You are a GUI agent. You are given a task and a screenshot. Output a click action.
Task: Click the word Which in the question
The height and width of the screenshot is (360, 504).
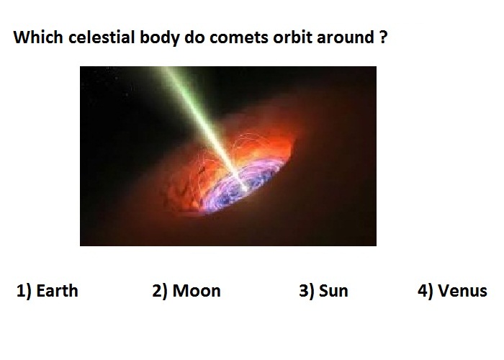(x=38, y=37)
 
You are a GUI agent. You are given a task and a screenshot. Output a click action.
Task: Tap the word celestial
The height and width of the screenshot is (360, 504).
(x=102, y=37)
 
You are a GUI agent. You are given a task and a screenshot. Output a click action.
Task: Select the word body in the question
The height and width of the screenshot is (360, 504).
(x=159, y=38)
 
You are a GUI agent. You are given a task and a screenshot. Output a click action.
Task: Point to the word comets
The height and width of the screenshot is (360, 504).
(x=238, y=37)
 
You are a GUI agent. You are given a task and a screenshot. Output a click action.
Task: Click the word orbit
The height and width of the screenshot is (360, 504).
(x=292, y=37)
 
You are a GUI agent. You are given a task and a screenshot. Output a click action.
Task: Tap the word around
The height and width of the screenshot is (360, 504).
(x=346, y=37)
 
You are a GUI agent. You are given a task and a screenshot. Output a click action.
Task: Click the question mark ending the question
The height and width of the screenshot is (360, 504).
(x=383, y=37)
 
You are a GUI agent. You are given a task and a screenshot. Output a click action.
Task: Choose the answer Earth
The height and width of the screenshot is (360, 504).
(x=57, y=291)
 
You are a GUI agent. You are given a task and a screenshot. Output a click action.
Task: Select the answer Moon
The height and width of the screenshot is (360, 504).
(x=197, y=291)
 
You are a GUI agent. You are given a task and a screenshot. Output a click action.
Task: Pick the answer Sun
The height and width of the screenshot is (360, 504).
(x=333, y=291)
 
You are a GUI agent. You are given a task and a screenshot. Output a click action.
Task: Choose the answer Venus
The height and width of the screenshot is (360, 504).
(x=462, y=291)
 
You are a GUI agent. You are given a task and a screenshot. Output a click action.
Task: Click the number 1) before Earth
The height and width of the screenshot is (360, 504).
(x=24, y=291)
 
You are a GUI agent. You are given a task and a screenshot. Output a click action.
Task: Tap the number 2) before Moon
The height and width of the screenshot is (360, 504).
(x=160, y=291)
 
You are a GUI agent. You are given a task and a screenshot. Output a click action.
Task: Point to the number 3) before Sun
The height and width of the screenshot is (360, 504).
(x=307, y=291)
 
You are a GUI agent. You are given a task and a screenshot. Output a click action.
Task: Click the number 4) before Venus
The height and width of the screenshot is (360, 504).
(x=426, y=291)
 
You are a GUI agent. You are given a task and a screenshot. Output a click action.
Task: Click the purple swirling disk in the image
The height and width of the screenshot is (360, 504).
(x=244, y=186)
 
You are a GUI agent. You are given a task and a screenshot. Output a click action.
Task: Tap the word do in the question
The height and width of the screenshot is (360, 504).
(x=194, y=37)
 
